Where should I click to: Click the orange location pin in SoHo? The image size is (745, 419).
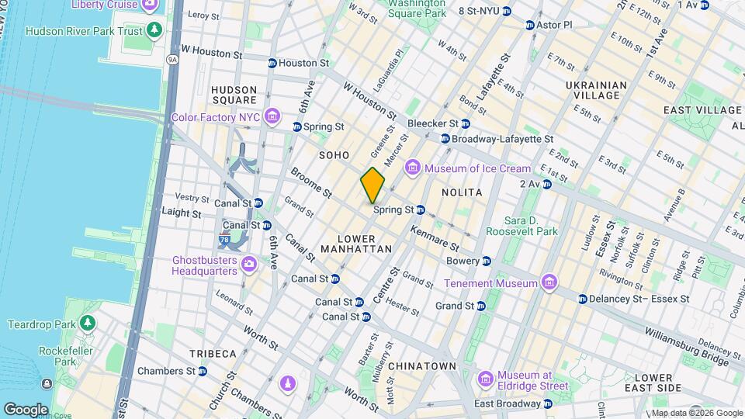click(x=372, y=185)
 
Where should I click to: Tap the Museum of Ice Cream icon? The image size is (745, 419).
click(x=412, y=168)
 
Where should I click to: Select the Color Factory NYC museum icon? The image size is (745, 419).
click(x=271, y=117)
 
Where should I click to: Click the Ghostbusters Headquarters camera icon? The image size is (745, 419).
click(x=249, y=265)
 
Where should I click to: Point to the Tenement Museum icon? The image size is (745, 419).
click(x=549, y=282)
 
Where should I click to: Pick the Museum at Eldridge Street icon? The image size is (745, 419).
click(x=486, y=379)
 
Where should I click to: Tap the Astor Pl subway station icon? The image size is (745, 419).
click(x=530, y=25)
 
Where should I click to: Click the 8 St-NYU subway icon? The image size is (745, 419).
click(x=507, y=11)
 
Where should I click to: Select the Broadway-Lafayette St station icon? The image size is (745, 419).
click(x=445, y=139)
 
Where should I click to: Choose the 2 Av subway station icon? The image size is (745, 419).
click(x=547, y=184)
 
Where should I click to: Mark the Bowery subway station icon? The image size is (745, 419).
click(x=486, y=261)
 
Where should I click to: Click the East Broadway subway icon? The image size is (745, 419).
click(x=548, y=403)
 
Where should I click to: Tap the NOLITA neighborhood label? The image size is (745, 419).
click(x=462, y=192)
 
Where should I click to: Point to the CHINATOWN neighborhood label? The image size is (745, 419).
click(x=421, y=365)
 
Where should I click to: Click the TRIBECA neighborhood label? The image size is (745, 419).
click(x=213, y=353)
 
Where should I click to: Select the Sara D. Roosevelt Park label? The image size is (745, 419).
click(x=521, y=226)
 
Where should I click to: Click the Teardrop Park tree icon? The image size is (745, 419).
click(x=88, y=322)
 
